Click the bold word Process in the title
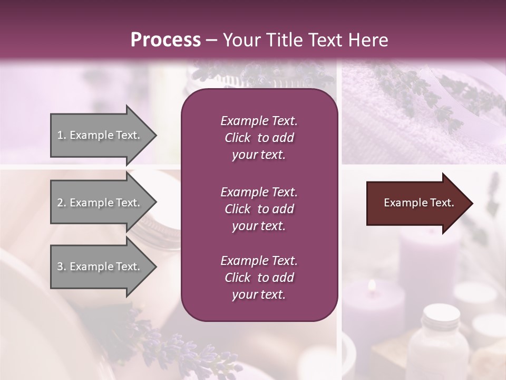pos(166,40)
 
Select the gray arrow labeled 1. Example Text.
pos(100,135)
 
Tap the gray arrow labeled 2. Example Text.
pos(100,203)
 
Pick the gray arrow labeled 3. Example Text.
pos(100,267)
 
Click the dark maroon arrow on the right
pos(416,203)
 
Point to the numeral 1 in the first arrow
pos(60,135)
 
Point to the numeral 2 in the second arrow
pos(60,203)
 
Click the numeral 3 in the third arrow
pos(60,267)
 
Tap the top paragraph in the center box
pos(259,138)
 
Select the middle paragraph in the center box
pos(259,208)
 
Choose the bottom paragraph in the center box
pos(259,278)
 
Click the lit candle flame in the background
pos(372,286)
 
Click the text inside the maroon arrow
pos(419,203)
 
